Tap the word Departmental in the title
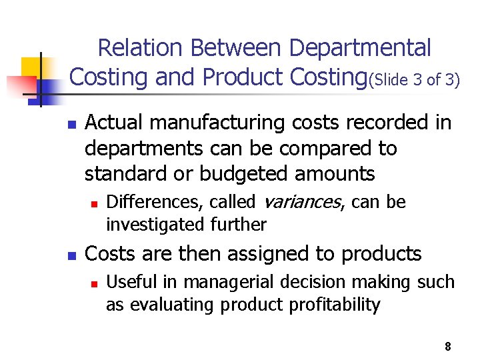tap(360, 48)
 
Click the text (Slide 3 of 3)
tap(414, 81)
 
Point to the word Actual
tap(114, 123)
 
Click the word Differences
tap(148, 202)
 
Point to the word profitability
tap(334, 305)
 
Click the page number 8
tap(447, 346)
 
